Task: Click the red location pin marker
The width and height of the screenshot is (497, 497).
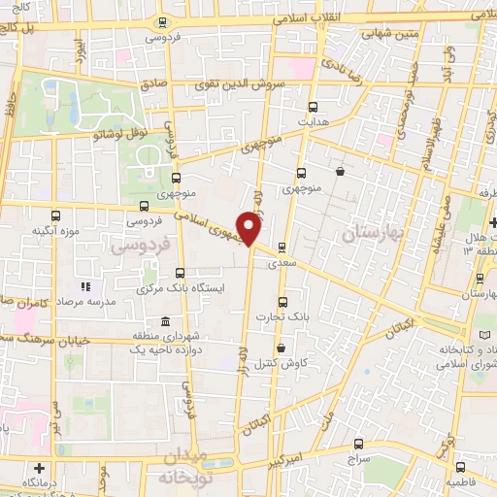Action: pos(250,228)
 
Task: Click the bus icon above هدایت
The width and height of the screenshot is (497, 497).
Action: pos(313,108)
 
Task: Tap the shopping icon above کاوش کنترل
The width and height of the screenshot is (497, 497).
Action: pos(281,348)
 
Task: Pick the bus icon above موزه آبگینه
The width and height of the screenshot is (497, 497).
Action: pos(54,215)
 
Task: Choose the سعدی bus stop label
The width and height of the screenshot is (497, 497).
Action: pos(294,263)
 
